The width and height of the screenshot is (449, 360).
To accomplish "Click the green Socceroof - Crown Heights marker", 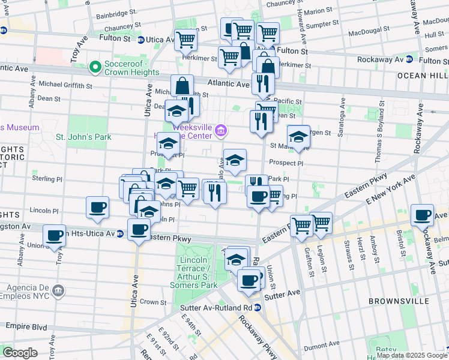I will point(94,66).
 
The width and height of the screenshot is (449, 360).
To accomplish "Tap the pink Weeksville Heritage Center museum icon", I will point(221,130).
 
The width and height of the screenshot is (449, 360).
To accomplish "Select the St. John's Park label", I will point(83,137).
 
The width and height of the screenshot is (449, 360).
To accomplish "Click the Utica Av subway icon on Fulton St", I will point(140,40).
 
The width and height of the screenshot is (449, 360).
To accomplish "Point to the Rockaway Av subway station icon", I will point(409,59).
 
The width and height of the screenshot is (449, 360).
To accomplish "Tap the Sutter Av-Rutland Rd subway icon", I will point(256,307).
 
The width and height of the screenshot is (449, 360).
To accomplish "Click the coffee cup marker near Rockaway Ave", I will point(422,214).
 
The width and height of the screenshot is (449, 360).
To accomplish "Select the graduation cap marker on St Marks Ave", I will point(298,137).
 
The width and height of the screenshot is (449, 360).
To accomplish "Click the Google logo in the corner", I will point(19,352).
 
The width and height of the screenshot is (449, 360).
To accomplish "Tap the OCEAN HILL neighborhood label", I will point(421,75).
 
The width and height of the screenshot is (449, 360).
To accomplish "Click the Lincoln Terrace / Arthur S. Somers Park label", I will point(197,274).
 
